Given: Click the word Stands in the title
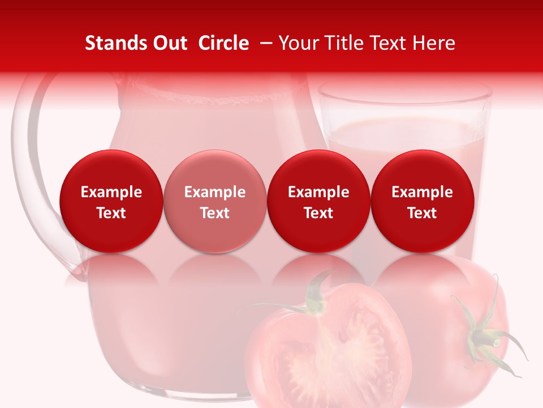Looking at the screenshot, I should click(109, 43).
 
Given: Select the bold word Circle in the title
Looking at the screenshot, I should click(223, 43).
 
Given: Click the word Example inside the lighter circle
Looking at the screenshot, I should click(215, 192).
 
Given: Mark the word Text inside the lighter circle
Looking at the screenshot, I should click(215, 213).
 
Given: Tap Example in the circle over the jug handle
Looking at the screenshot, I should click(111, 192).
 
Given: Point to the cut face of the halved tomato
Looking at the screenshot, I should click(334, 351).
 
